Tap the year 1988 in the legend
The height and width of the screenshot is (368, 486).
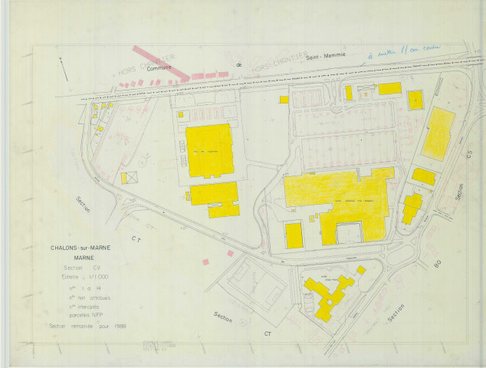[119, 326]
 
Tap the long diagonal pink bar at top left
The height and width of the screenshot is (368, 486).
[161, 62]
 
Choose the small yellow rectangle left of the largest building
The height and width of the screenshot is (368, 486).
[294, 235]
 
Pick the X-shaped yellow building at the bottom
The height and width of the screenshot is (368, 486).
[326, 297]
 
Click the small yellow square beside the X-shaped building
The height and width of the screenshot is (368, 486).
[361, 270]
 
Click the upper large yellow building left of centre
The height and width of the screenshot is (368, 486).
[209, 150]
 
